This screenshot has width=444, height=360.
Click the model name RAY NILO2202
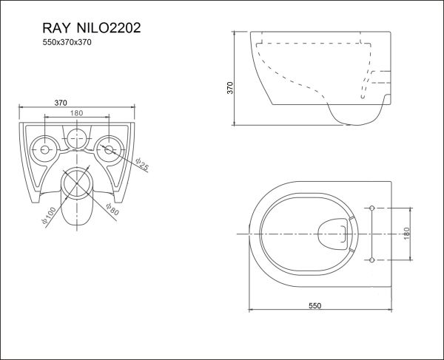pos(82,27)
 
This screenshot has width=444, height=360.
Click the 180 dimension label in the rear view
pos(76,113)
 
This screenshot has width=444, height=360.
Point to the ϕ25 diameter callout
pos(141,165)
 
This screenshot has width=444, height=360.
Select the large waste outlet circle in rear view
pos(77,183)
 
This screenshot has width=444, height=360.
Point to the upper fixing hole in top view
pos(371,206)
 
